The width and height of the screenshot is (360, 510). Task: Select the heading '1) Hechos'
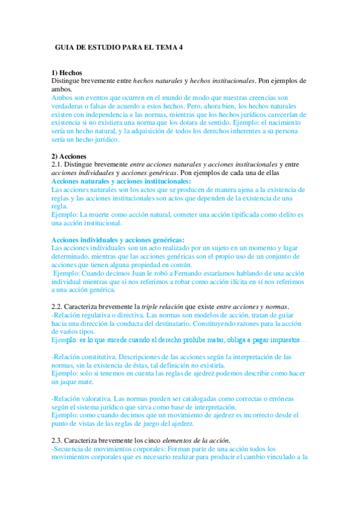pos(67,73)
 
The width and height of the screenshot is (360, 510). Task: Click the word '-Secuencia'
pos(70,448)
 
